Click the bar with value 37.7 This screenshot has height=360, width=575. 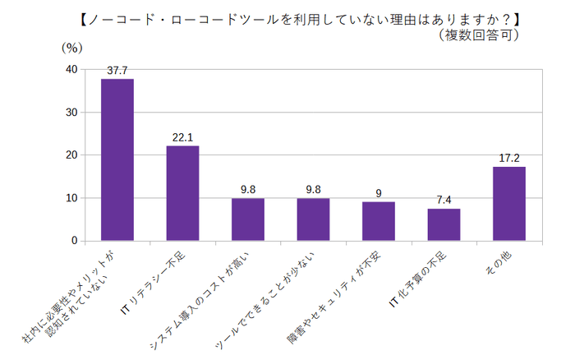[x=117, y=160]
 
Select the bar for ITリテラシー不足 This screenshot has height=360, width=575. [x=182, y=193]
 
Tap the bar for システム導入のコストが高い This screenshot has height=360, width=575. [x=247, y=219]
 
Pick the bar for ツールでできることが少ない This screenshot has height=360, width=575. [x=313, y=219]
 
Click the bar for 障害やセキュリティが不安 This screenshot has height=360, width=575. [x=378, y=221]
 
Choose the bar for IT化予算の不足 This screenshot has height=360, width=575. [x=444, y=224]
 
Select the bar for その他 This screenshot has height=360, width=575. [x=508, y=204]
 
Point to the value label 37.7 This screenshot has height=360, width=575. [x=117, y=71]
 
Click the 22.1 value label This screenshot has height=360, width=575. [x=182, y=137]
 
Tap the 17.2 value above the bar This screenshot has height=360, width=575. [x=508, y=158]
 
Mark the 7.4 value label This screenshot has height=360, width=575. [x=444, y=201]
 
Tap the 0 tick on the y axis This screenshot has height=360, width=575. [x=75, y=241]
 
